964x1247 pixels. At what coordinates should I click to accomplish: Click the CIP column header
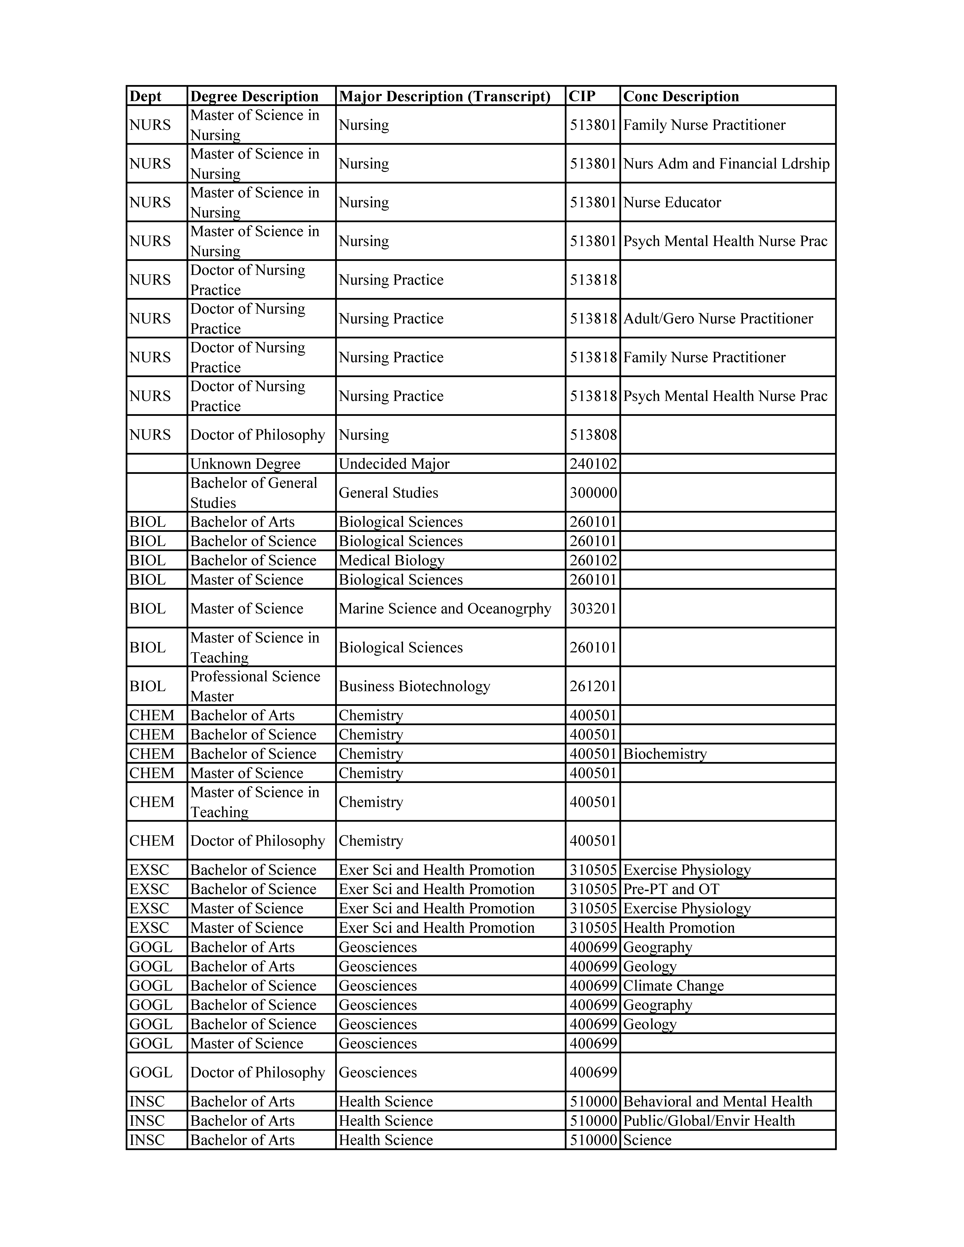582,96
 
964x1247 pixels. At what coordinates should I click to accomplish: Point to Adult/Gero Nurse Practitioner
718,319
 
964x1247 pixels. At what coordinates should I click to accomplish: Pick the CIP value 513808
593,435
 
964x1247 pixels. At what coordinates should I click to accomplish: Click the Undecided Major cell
394,464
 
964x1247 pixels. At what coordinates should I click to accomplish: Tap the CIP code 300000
593,493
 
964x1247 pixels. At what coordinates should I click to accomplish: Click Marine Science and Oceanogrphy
445,609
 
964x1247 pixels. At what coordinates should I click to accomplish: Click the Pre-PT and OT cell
671,889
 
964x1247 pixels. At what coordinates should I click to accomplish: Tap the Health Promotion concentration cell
678,928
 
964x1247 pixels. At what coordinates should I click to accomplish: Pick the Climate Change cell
673,986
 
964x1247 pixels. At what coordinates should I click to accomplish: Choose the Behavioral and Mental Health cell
717,1101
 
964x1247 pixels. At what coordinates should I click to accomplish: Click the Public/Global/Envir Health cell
709,1121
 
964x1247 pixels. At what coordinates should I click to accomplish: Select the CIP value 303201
593,609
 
